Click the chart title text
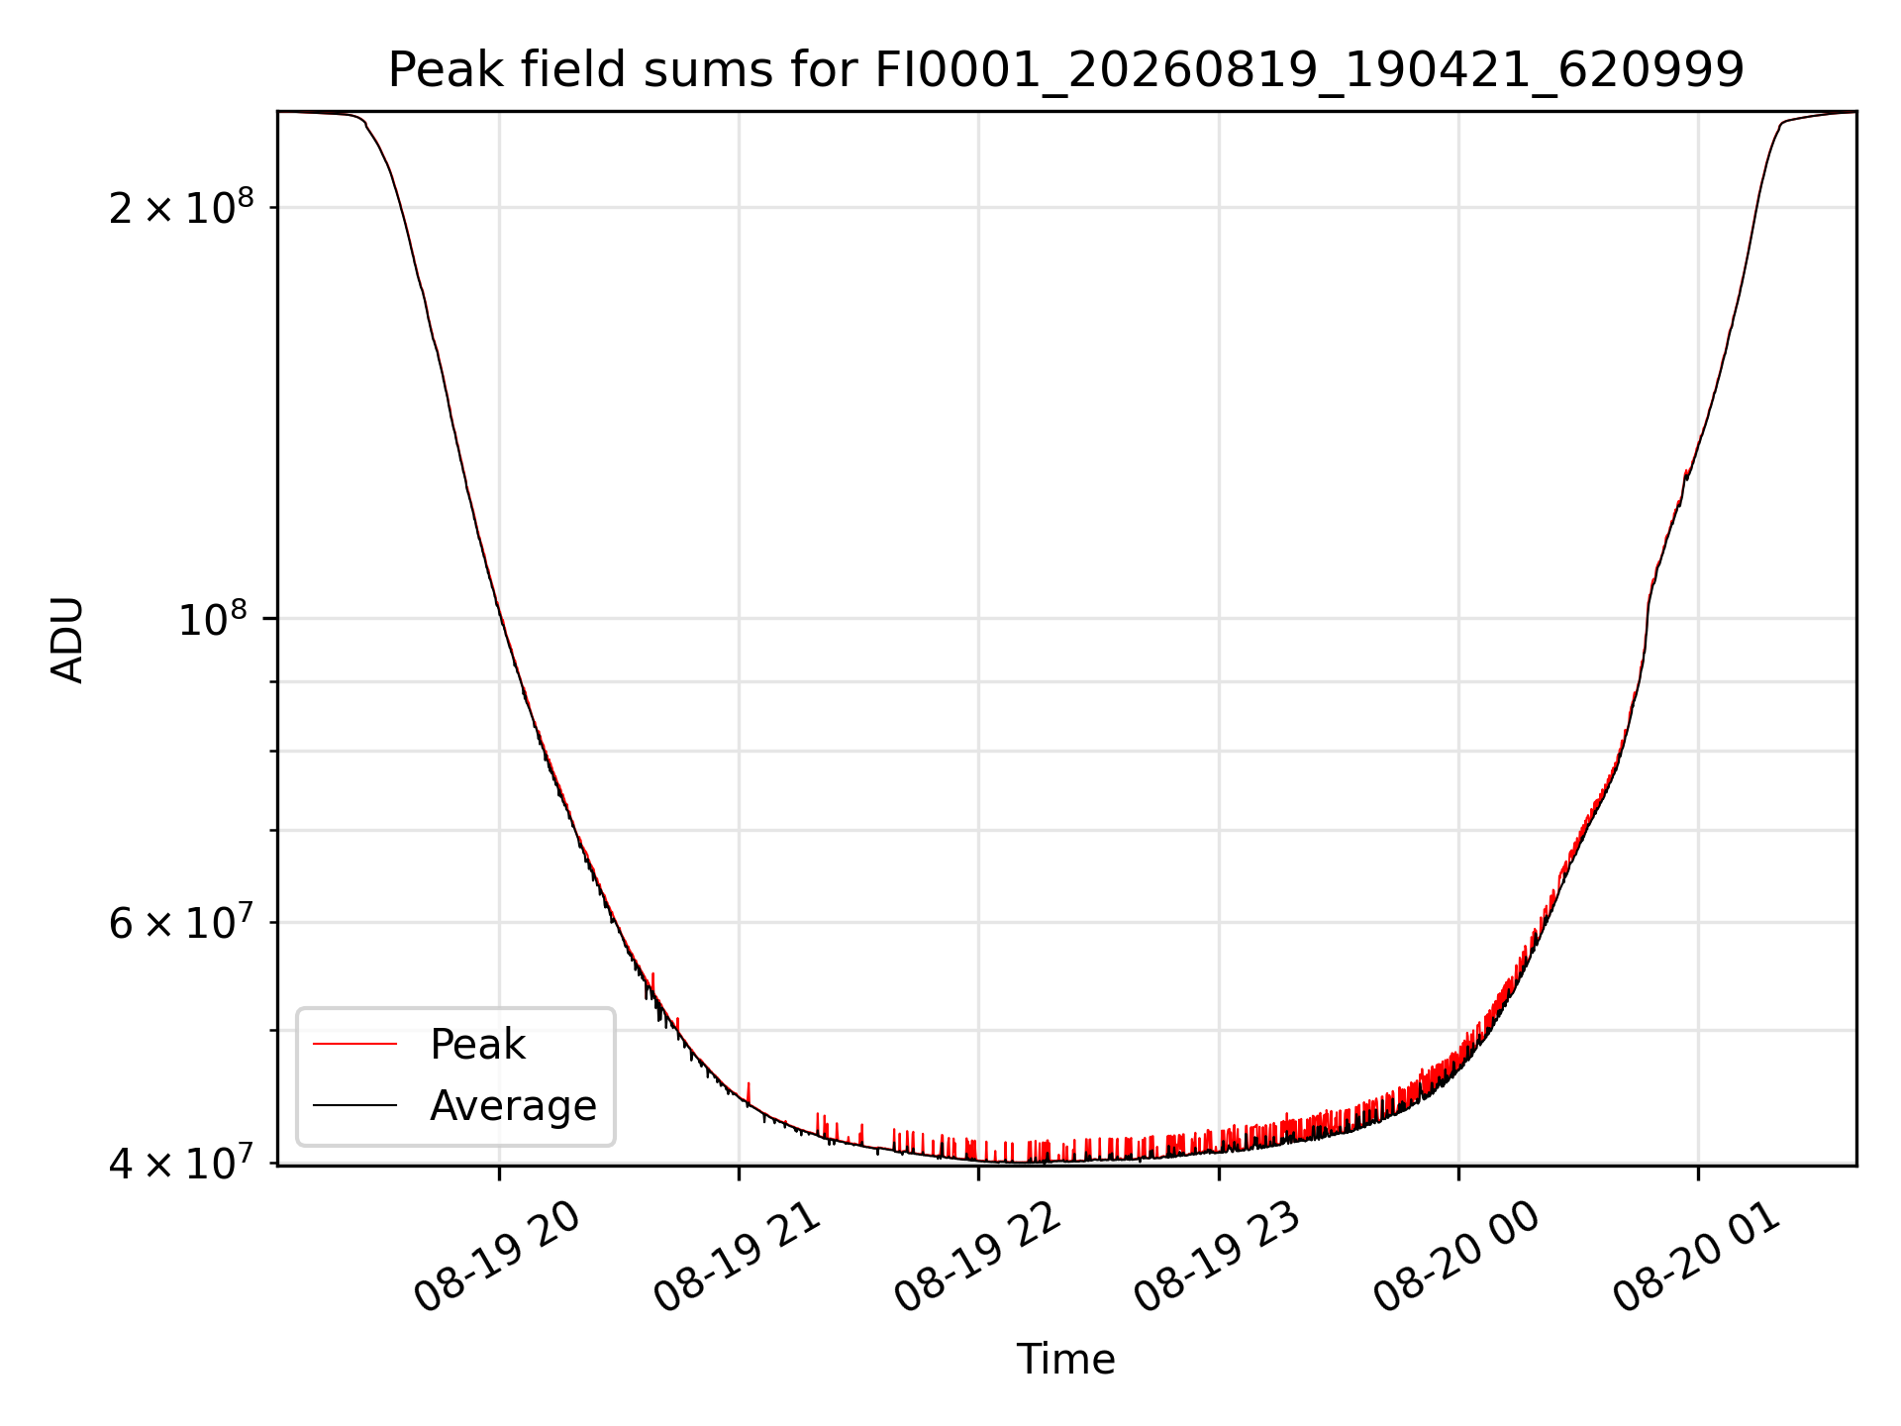point(1065,70)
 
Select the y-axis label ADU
point(67,640)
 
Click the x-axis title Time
point(1065,1360)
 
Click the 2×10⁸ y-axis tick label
point(181,206)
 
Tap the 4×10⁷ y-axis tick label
point(181,1163)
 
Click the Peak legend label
point(477,1045)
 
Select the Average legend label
point(513,1105)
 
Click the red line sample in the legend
point(354,1044)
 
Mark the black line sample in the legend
point(354,1105)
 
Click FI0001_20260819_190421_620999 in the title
point(1309,70)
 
